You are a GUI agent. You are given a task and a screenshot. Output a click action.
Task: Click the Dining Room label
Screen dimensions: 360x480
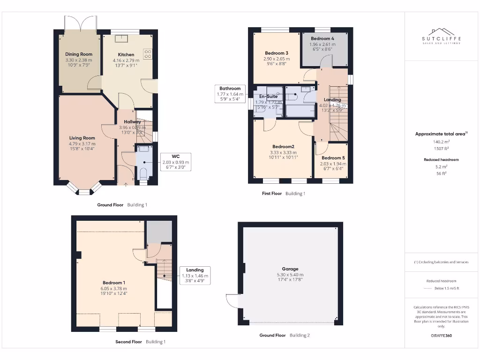(x=79, y=54)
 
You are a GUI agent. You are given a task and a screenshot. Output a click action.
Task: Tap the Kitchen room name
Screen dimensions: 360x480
(x=126, y=55)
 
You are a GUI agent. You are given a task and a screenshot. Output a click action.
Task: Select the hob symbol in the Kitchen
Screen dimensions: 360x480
(x=148, y=54)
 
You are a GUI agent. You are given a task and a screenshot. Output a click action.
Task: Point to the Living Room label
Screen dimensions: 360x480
(x=82, y=138)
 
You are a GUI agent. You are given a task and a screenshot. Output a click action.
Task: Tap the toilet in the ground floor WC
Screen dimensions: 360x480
(x=144, y=173)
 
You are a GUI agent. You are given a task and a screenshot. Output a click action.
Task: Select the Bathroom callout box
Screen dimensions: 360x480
(x=229, y=94)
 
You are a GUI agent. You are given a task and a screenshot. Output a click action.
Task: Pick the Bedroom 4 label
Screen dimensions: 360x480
(x=322, y=38)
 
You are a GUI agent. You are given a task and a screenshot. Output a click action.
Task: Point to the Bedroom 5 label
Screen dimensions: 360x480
(x=333, y=158)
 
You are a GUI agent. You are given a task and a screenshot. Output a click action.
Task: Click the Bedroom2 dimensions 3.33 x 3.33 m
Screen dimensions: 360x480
(x=283, y=152)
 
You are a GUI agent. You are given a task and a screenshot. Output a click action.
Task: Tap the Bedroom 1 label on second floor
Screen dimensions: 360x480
(x=114, y=283)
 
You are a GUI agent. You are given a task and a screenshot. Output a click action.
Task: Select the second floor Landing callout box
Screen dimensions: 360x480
(x=195, y=276)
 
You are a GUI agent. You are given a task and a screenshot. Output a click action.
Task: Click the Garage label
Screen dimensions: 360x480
(x=290, y=269)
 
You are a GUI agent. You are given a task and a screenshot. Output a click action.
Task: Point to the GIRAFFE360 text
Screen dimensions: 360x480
(x=441, y=336)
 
